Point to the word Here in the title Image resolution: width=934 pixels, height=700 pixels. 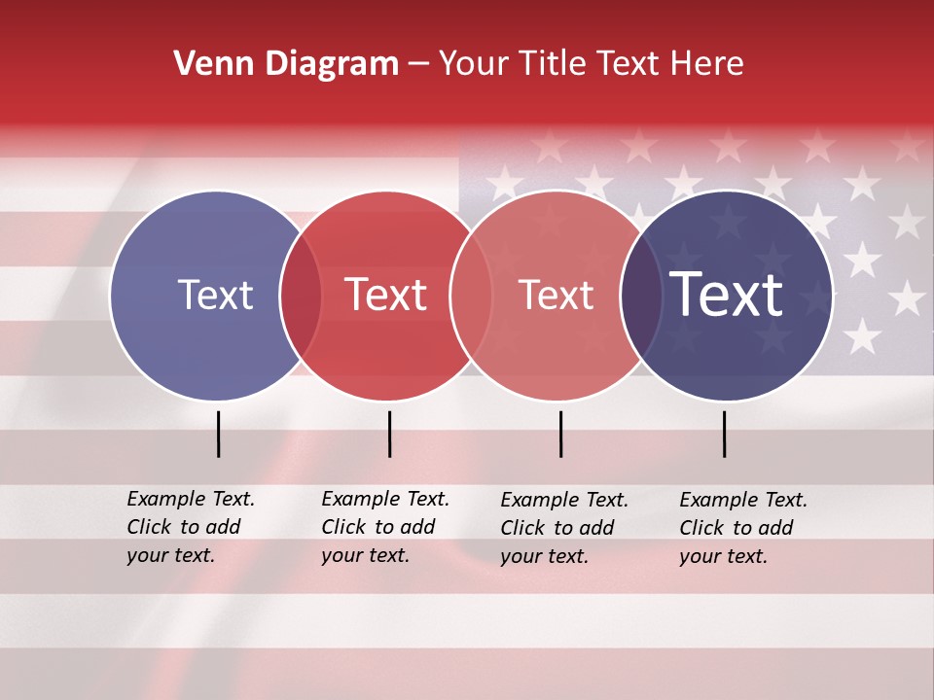[709, 64]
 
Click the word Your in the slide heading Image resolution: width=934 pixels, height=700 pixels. [473, 64]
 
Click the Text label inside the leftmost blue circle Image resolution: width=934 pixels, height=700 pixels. [215, 295]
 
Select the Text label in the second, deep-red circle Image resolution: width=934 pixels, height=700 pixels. [385, 295]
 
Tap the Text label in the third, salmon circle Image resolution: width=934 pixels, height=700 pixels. [556, 295]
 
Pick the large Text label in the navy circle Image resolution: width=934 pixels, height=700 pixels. [726, 294]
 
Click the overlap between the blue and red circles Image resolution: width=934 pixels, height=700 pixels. [301, 296]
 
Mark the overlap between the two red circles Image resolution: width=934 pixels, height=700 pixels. [471, 296]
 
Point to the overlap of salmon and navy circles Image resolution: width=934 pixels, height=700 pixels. [640, 296]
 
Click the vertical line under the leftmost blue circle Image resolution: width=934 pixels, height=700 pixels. [218, 434]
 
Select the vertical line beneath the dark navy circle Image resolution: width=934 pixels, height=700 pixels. [724, 434]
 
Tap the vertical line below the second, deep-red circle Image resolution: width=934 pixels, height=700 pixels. [389, 434]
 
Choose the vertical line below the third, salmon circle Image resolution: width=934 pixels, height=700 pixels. [560, 434]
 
